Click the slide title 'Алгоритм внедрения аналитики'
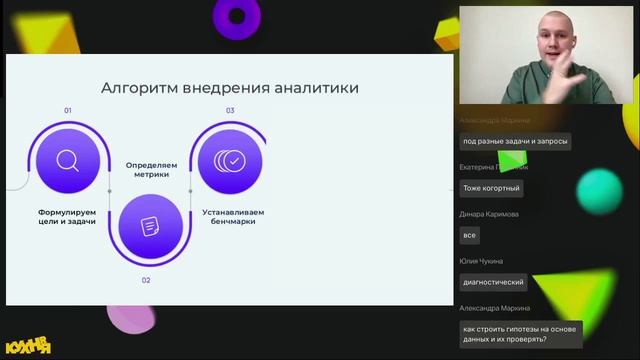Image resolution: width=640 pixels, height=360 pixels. (230, 88)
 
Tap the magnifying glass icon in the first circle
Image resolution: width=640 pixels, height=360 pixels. (68, 160)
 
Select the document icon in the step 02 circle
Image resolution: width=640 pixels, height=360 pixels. (149, 227)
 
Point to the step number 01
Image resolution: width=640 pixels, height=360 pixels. (68, 110)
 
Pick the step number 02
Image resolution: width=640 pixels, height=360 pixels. (146, 280)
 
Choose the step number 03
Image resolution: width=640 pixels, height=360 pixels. (230, 110)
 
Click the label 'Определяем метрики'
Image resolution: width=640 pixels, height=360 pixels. (149, 167)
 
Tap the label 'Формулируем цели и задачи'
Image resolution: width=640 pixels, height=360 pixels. (67, 216)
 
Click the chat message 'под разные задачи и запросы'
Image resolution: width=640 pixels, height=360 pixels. (515, 142)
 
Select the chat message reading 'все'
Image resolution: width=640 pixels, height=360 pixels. (469, 236)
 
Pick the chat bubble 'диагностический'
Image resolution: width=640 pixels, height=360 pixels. (493, 283)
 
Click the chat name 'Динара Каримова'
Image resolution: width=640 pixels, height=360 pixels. (489, 214)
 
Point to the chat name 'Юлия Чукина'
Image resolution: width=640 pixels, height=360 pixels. (481, 261)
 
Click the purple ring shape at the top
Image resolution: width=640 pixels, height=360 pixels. (237, 15)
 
